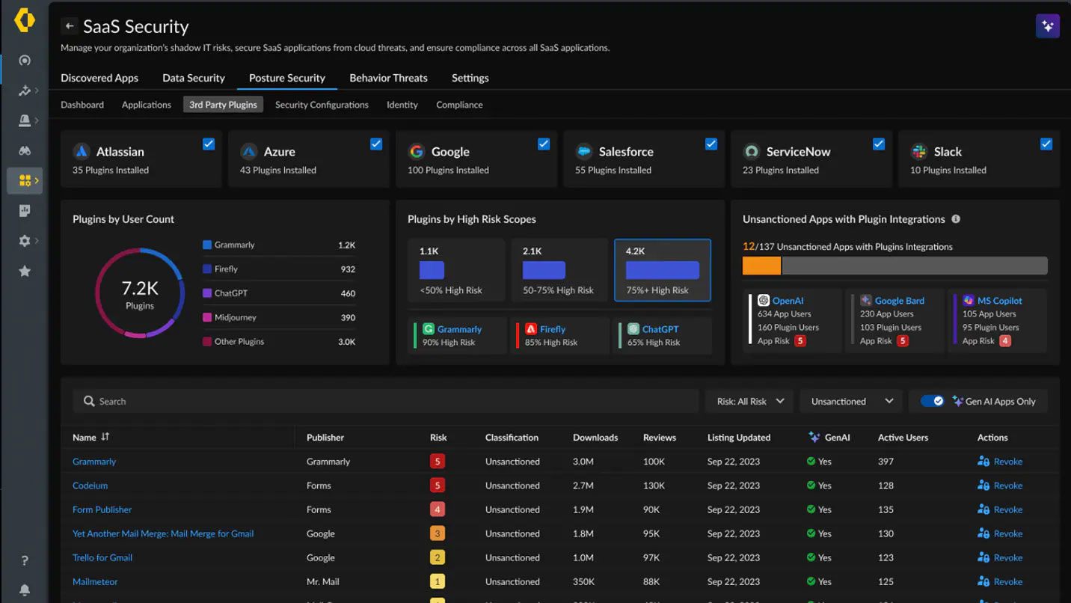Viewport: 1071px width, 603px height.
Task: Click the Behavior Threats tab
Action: click(388, 78)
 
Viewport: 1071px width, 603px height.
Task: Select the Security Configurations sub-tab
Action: click(322, 105)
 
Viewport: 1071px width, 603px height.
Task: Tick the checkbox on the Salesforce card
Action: click(711, 144)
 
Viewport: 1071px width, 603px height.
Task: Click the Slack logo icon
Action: click(919, 152)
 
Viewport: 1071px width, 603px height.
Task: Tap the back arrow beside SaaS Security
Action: click(70, 26)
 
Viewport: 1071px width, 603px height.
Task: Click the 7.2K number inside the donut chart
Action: click(140, 288)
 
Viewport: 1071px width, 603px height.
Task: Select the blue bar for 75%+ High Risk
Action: click(662, 270)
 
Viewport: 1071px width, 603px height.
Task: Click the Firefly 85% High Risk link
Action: click(552, 329)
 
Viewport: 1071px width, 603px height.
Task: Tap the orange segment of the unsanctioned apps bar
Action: click(761, 266)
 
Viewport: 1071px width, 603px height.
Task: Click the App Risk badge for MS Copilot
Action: click(1005, 341)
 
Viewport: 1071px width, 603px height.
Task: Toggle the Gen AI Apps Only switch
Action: click(932, 401)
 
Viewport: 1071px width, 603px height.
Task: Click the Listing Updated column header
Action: click(738, 438)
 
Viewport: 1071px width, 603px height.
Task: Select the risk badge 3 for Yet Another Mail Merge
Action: click(438, 533)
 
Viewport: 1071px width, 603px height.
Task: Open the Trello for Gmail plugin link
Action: click(102, 557)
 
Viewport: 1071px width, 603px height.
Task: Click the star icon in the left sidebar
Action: click(25, 271)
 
